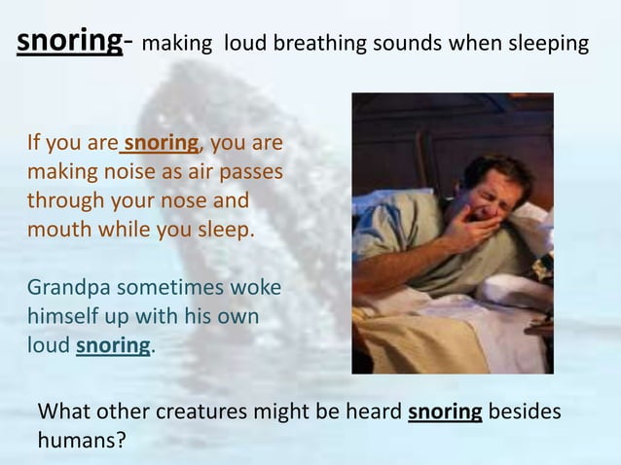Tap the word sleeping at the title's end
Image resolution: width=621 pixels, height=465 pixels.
coord(545,44)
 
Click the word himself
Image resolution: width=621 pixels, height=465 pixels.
coord(62,318)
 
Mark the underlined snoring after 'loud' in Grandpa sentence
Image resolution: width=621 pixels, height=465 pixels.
coord(113,347)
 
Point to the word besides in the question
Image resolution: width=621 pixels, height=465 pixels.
coord(525,411)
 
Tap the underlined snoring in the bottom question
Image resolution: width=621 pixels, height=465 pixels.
coord(445,411)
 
